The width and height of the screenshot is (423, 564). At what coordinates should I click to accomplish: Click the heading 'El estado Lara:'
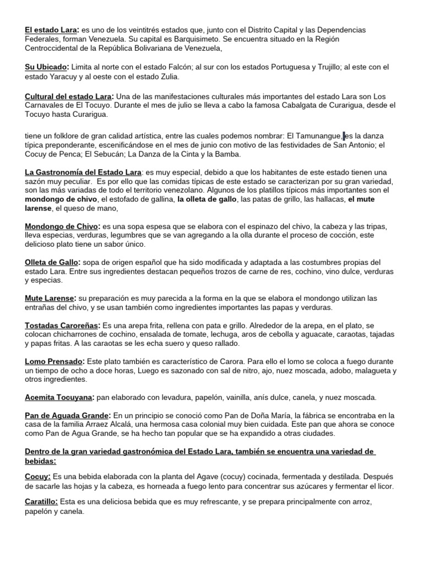(52, 29)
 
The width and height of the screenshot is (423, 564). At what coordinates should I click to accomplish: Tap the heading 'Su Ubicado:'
(46, 67)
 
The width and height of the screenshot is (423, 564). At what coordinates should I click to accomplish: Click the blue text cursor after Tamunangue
(344, 135)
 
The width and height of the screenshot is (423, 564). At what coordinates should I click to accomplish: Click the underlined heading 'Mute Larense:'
(50, 298)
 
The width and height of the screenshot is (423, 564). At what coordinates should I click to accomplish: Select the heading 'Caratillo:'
(42, 502)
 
